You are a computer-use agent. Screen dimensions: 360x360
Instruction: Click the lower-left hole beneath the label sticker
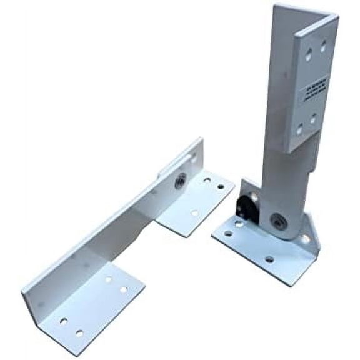coord(301,128)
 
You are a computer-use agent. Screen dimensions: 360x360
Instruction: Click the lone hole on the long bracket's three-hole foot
coord(194,213)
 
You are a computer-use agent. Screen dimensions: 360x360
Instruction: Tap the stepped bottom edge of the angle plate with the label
coord(294,148)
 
